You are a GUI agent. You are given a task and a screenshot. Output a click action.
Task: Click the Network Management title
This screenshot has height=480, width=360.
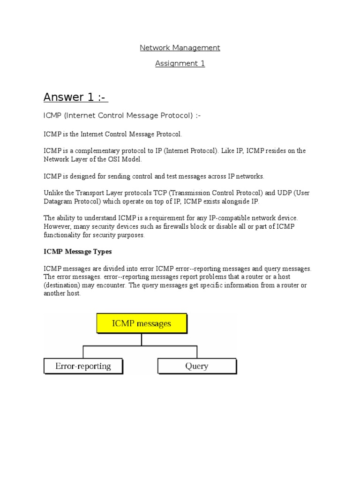(x=180, y=48)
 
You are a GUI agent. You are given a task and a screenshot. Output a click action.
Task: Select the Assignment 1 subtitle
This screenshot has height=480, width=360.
(x=180, y=63)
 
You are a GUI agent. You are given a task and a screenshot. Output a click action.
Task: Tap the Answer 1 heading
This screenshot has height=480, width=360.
(x=75, y=97)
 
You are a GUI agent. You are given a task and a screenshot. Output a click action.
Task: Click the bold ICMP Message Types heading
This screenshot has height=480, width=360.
(x=77, y=252)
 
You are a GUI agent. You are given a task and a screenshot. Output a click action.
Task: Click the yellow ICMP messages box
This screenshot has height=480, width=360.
(x=142, y=323)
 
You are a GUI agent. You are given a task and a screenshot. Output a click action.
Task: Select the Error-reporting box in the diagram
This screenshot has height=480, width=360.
(x=83, y=366)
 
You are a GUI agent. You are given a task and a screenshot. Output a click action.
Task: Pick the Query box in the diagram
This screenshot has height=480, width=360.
(x=197, y=366)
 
